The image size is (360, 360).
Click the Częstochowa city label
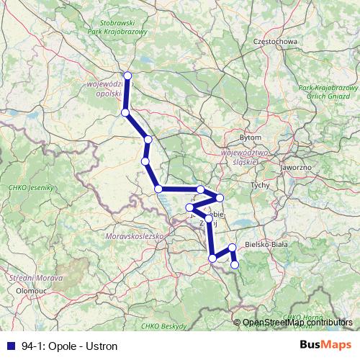coord(276,42)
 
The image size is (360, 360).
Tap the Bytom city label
coord(250,137)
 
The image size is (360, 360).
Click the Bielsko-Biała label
coord(266,245)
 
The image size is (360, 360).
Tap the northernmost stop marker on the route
coord(127,76)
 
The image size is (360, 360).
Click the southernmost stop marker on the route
coord(235,265)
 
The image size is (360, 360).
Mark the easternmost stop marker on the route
coord(235,265)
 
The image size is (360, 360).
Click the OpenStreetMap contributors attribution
coord(297,323)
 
